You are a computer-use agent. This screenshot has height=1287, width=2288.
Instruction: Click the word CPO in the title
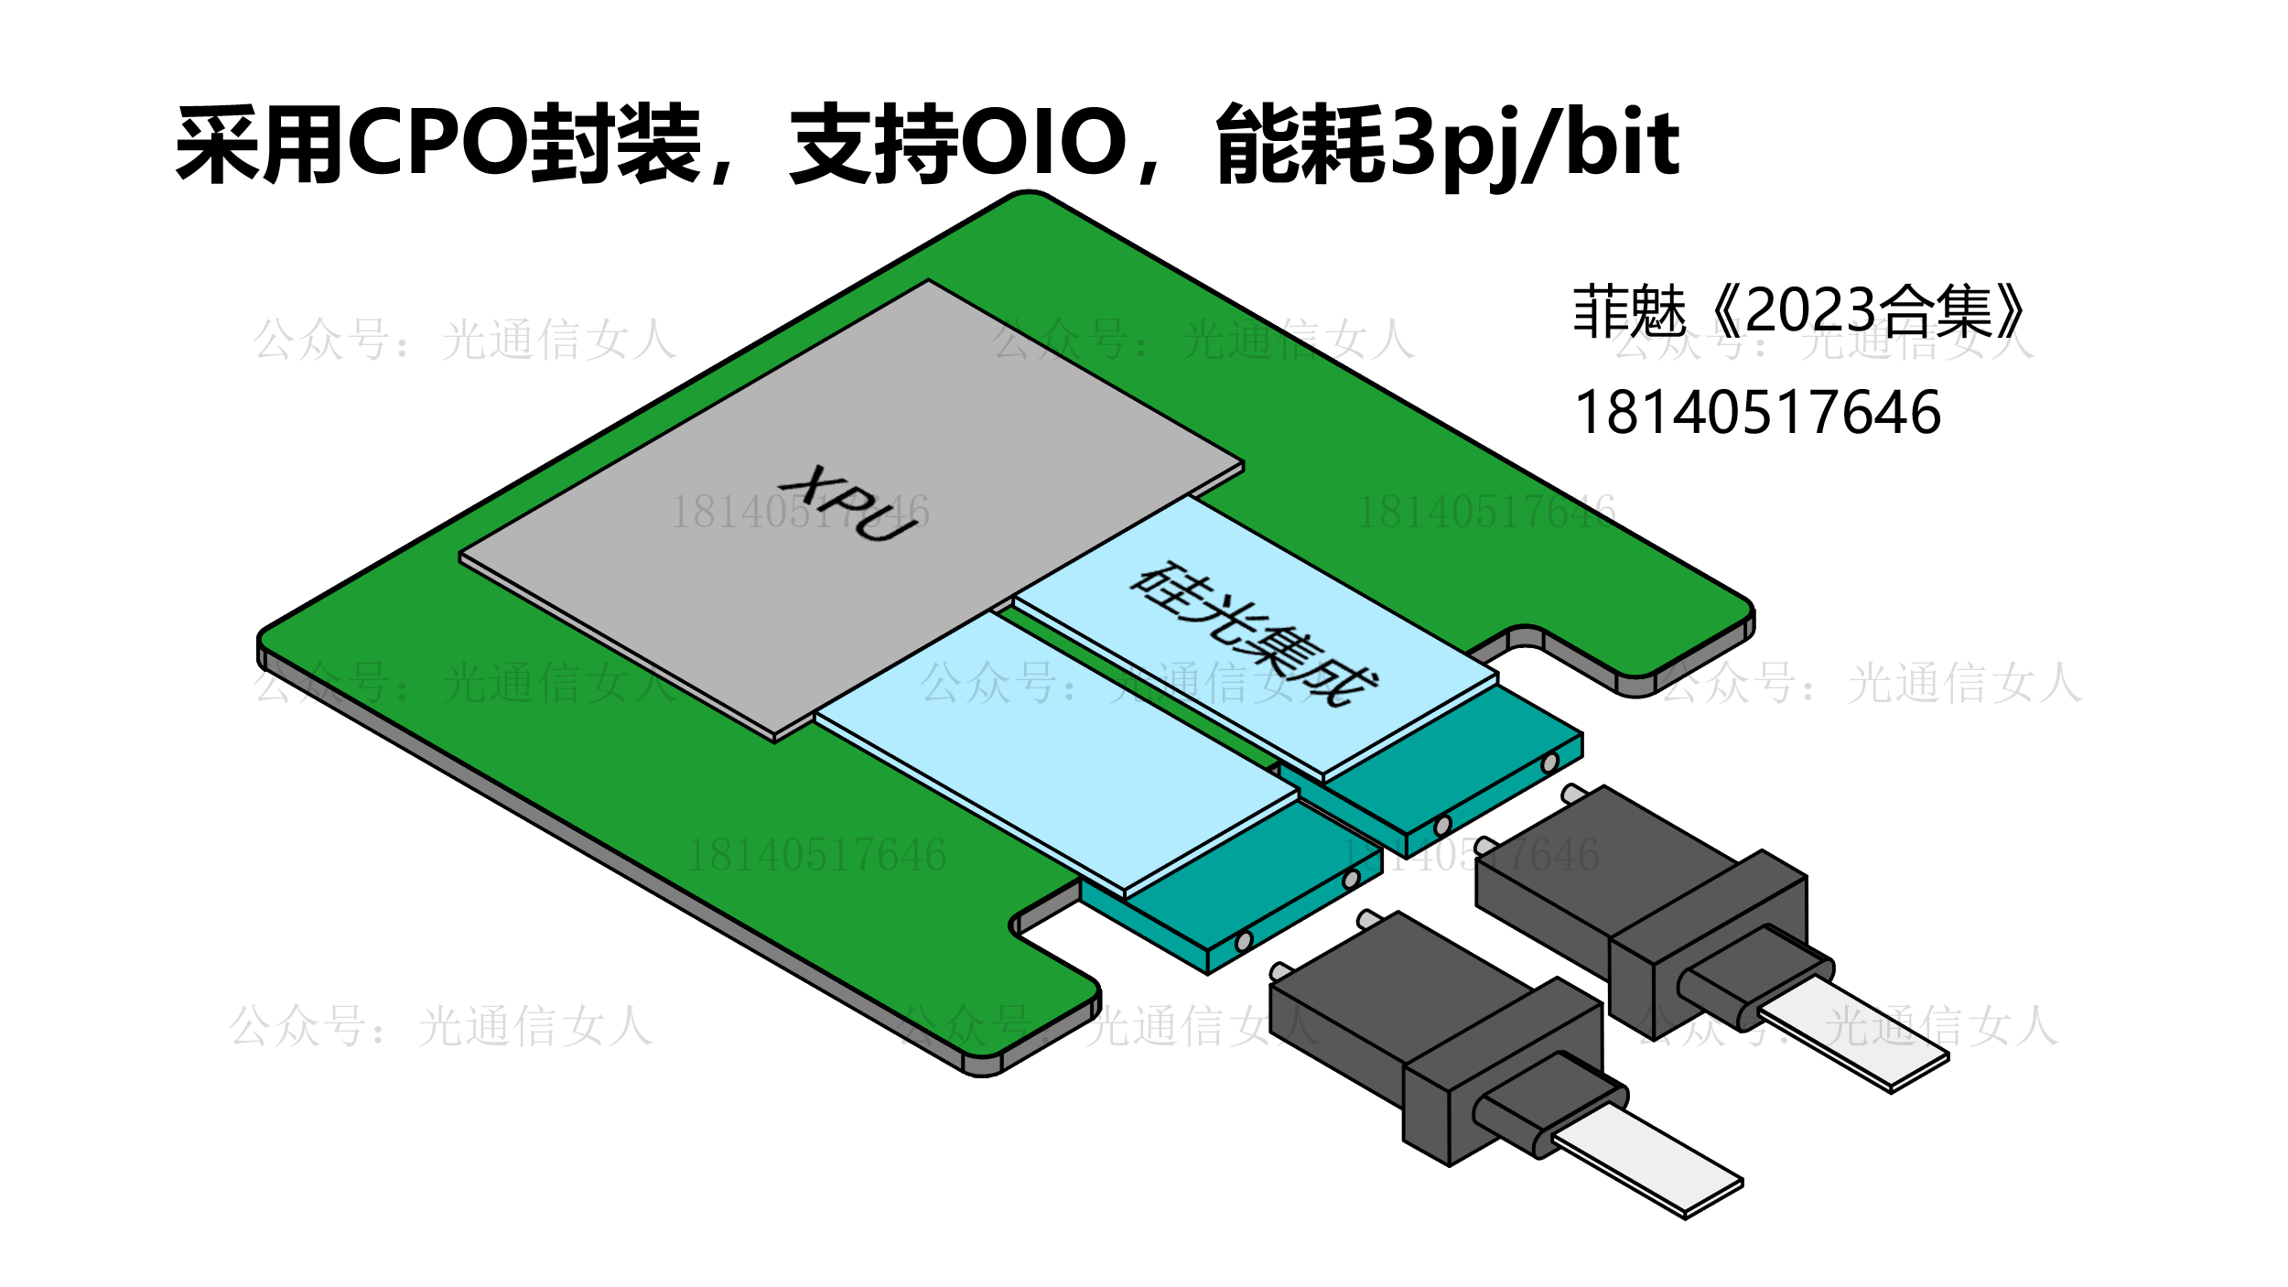click(437, 143)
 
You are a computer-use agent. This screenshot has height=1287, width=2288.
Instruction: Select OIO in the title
click(1043, 143)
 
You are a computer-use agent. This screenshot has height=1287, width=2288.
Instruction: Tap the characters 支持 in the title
click(874, 143)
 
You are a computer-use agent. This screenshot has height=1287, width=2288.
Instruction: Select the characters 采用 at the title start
click(260, 143)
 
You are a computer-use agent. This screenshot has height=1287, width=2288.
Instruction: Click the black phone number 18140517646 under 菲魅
click(1756, 413)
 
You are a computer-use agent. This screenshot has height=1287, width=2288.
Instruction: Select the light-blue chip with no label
click(1052, 751)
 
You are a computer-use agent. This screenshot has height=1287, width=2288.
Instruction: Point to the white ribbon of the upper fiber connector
click(1853, 1034)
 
